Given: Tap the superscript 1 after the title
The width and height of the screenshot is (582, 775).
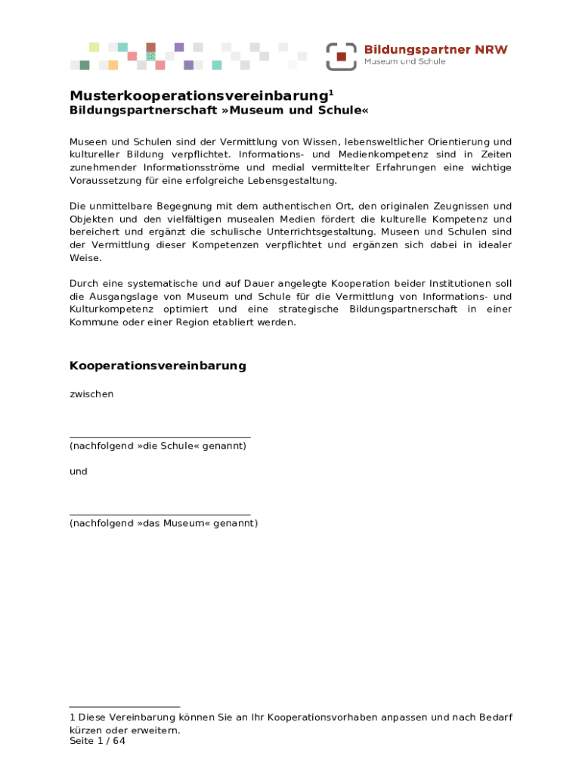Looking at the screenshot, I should (x=330, y=92).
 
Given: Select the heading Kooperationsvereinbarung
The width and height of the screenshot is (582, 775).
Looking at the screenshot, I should (x=158, y=366).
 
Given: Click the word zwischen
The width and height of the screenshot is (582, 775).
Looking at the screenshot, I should (x=91, y=394).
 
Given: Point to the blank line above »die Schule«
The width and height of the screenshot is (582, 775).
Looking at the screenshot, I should (x=159, y=437).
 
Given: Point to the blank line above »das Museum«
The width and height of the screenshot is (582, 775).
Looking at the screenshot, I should (x=159, y=515).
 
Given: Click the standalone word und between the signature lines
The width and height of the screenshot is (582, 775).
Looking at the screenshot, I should (x=79, y=472).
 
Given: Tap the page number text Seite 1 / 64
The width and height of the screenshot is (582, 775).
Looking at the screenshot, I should (x=98, y=742).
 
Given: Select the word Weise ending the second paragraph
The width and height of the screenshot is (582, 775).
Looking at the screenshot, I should (x=85, y=258).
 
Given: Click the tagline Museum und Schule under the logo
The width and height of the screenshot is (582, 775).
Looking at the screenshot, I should (x=405, y=62).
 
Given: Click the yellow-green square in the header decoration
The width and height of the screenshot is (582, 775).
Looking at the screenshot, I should (x=94, y=47).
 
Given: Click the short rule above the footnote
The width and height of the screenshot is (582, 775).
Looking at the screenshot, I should (x=125, y=707).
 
